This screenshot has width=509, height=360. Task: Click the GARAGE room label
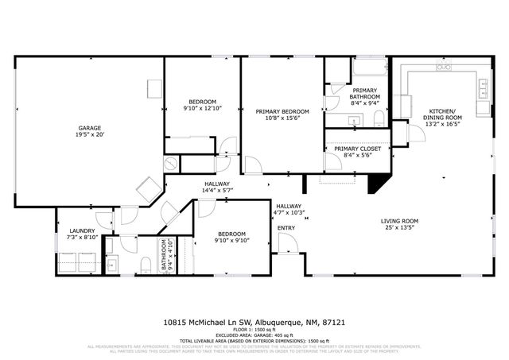(88, 127)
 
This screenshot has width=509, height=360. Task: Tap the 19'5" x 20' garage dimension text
(88, 135)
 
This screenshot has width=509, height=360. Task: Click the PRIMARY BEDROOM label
(282, 110)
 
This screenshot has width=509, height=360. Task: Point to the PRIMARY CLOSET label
(357, 149)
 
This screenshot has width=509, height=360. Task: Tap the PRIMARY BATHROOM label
(366, 93)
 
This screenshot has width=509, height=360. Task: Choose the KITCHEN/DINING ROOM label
(442, 114)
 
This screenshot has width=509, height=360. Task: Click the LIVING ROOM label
(399, 220)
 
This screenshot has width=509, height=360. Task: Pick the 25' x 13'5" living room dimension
(399, 228)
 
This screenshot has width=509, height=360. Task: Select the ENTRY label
(286, 228)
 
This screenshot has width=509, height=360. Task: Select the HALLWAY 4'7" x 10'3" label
(289, 209)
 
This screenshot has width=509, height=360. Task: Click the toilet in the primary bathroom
(379, 119)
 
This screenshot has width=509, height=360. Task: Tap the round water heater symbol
(171, 163)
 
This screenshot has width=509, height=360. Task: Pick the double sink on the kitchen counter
(482, 88)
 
